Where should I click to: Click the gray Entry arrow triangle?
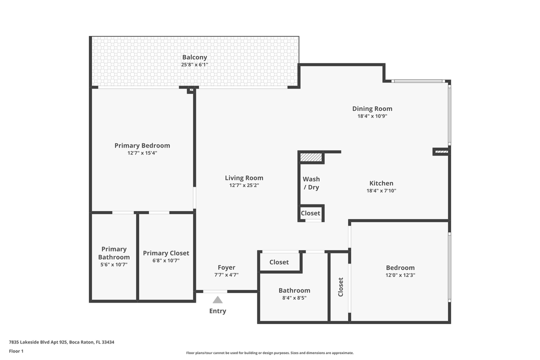click(217, 299)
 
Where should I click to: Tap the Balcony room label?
click(194, 57)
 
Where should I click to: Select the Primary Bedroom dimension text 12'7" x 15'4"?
click(142, 153)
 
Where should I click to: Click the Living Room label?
click(244, 178)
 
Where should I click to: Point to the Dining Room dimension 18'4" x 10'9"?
click(372, 116)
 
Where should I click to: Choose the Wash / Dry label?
click(311, 183)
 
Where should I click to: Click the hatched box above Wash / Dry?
click(311, 157)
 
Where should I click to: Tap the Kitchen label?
click(381, 183)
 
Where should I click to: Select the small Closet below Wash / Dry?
click(310, 213)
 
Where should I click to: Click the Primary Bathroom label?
click(114, 253)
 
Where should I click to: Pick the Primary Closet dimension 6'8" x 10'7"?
click(166, 261)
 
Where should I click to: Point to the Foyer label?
click(226, 267)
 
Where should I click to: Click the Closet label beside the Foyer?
click(279, 262)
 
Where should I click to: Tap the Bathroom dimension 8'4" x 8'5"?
click(294, 298)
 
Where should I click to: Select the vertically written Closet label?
click(340, 287)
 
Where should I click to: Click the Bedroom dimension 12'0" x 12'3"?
click(400, 275)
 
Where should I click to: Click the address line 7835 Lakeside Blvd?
click(61, 342)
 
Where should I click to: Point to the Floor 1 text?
click(16, 351)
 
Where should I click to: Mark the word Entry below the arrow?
click(217, 310)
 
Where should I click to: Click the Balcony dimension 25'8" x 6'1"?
click(194, 65)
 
